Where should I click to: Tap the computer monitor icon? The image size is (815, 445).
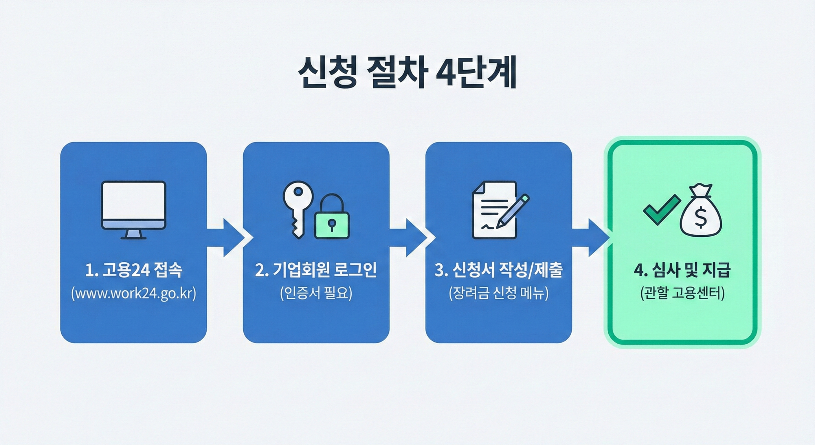click(x=133, y=209)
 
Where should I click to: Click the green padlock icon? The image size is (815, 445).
click(x=332, y=220)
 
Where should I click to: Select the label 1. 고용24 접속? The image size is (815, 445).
click(x=133, y=270)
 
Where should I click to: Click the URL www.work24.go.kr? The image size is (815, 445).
click(x=133, y=293)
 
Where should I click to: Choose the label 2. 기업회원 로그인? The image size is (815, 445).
click(x=316, y=270)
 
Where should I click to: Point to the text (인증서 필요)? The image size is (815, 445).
click(x=316, y=293)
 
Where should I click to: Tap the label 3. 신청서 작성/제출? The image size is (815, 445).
click(x=499, y=270)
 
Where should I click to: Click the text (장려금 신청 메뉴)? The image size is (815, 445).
click(x=499, y=293)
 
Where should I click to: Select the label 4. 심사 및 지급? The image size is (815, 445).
click(x=682, y=270)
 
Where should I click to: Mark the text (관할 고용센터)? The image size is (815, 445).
click(x=682, y=293)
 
